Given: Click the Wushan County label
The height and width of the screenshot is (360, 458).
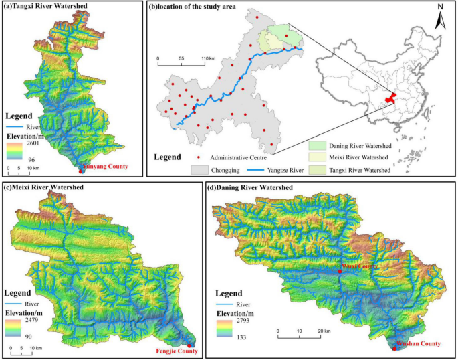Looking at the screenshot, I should click(x=419, y=343).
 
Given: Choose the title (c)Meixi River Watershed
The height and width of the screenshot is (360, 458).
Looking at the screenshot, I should click(x=43, y=187).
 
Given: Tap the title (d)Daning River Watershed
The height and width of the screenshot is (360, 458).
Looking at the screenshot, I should click(x=253, y=187).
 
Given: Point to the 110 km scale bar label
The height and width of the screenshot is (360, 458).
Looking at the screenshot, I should click(x=209, y=59).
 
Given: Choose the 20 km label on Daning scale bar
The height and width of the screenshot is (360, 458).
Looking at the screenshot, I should click(x=324, y=331).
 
